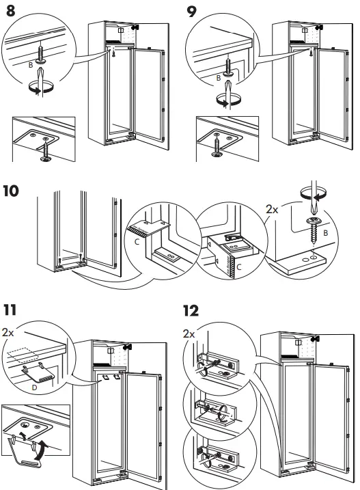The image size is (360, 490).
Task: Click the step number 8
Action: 10,10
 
